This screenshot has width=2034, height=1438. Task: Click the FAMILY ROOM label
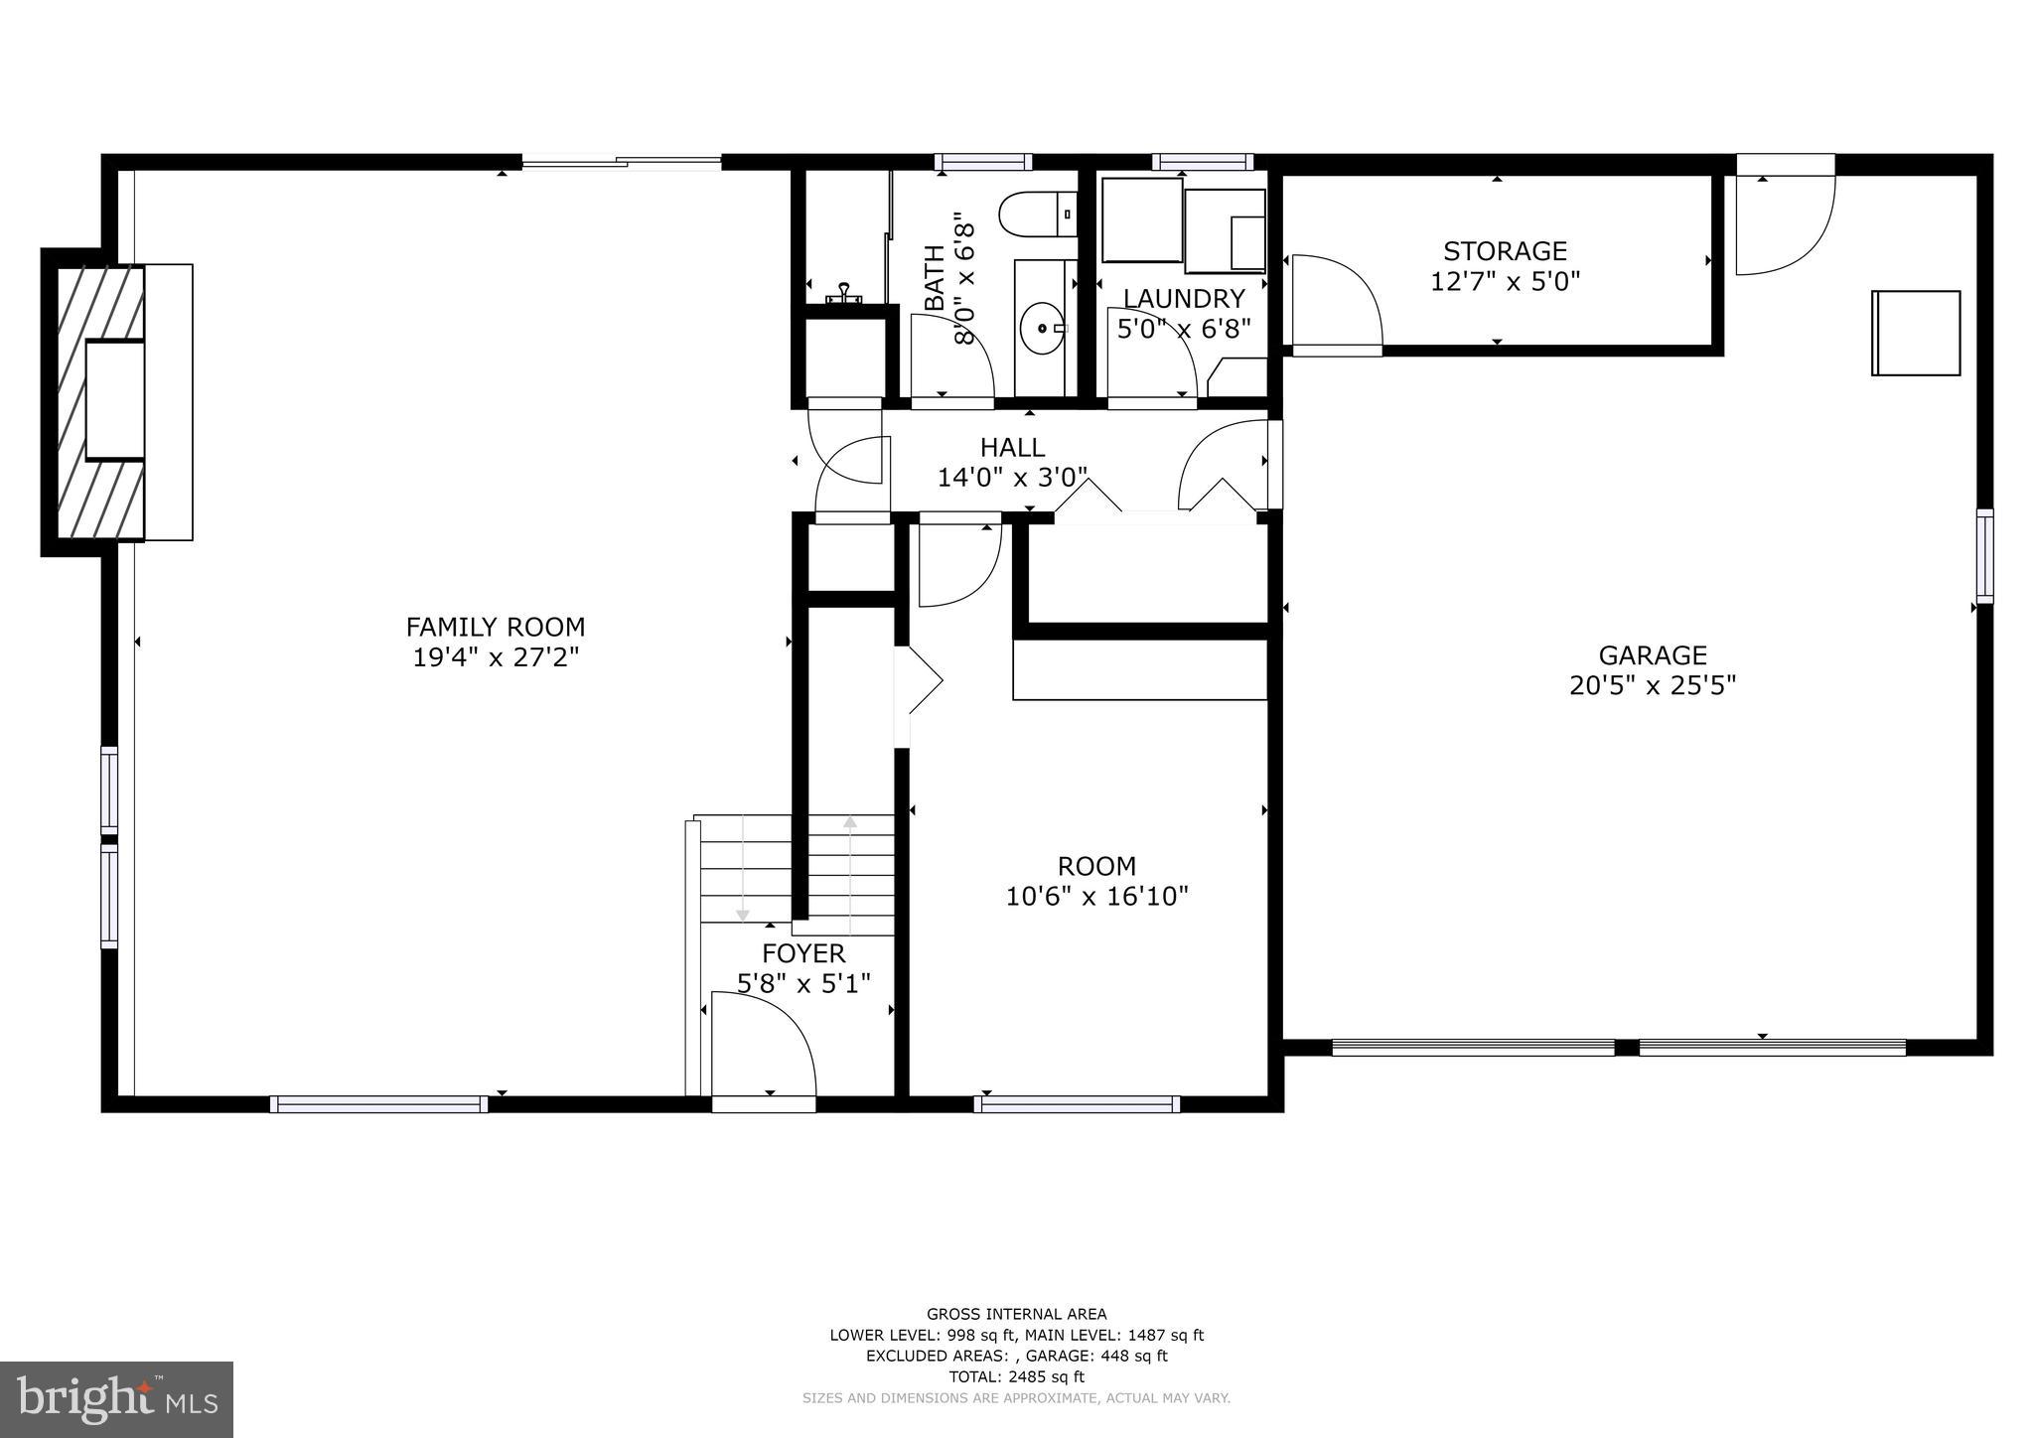coord(495,628)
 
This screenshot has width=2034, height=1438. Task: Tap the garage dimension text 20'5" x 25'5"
coord(1652,686)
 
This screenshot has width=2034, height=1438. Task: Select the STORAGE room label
coord(1505,251)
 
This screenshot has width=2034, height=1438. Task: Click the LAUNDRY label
coord(1183,299)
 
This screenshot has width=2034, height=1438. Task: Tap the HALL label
coord(1012,447)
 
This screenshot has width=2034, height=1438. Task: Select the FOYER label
coord(803,954)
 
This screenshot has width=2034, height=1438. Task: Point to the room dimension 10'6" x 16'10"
coord(1096,897)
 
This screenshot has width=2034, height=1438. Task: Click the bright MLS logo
coord(116,1399)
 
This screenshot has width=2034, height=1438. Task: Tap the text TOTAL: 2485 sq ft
coord(1016,1376)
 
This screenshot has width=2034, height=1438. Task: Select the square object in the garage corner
coord(1915,333)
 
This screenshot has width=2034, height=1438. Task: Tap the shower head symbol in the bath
coord(845,291)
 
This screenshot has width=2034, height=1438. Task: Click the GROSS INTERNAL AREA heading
coord(1016,1314)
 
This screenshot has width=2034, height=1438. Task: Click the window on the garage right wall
coord(1983,556)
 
